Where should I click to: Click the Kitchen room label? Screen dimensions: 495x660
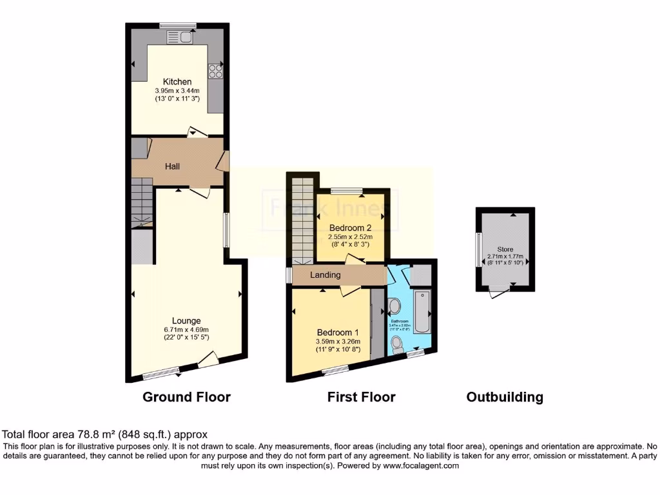[x=177, y=82]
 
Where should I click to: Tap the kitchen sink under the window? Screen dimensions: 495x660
[x=186, y=37]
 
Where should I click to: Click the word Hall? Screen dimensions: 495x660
[x=172, y=166]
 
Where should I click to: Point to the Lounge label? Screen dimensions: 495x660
[x=186, y=320]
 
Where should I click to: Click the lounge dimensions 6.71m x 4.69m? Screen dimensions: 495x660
[x=186, y=329]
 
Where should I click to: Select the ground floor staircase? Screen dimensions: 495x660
[x=142, y=202]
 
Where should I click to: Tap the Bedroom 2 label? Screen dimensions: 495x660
[x=350, y=228]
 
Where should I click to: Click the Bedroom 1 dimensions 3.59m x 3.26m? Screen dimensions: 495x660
[x=338, y=342]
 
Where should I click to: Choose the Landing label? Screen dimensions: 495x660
[x=325, y=275]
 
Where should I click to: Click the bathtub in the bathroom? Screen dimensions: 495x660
[x=422, y=311]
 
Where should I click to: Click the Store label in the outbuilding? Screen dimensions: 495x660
[x=505, y=249]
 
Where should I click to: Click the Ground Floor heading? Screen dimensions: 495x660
[x=186, y=397]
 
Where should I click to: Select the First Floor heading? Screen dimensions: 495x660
[x=361, y=397]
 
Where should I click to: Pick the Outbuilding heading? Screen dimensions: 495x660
[x=505, y=397]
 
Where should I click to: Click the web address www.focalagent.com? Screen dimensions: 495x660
[x=420, y=465]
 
